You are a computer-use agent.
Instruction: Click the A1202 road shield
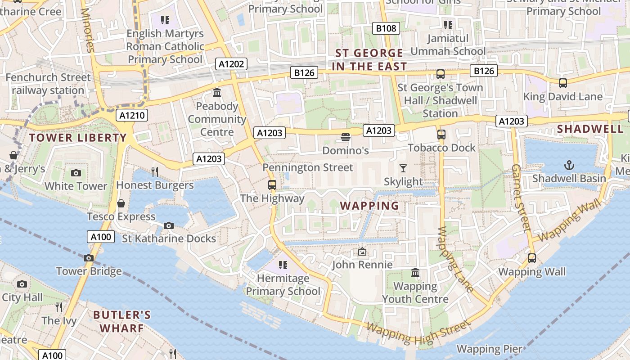[231, 64]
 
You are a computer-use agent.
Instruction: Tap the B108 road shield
[386, 28]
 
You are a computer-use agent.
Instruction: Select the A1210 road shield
[132, 116]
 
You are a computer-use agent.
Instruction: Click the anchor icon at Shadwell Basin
[569, 165]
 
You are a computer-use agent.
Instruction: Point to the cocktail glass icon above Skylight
[403, 168]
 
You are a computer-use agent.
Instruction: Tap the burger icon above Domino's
[346, 137]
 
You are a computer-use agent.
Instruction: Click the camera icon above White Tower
[76, 173]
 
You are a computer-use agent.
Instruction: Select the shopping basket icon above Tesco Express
[121, 203]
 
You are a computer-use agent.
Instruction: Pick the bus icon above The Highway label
[272, 184]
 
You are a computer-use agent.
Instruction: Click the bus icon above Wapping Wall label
[531, 258]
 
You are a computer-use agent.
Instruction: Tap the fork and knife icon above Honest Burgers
[155, 171]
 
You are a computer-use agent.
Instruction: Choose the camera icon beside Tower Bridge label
[89, 258]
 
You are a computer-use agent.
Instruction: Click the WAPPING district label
[369, 206]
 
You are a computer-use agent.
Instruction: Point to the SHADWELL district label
[590, 129]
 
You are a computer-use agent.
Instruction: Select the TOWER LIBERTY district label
[78, 138]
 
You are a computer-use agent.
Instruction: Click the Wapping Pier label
[489, 349]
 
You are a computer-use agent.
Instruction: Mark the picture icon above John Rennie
[362, 252]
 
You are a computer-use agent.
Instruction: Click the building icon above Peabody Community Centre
[217, 93]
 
